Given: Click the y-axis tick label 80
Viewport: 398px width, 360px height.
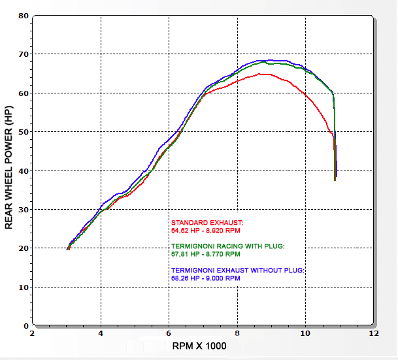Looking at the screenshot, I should pyautogui.click(x=24, y=15).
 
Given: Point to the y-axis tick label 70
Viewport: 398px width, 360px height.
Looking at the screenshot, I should pyautogui.click(x=24, y=54).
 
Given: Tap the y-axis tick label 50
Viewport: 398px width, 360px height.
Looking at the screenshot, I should pyautogui.click(x=24, y=131).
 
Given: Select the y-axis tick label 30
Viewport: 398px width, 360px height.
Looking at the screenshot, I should pyautogui.click(x=24, y=209).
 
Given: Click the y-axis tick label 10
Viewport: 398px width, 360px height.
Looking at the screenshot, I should pyautogui.click(x=24, y=287).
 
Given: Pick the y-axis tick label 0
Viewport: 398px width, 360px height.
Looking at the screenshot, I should pyautogui.click(x=25, y=325).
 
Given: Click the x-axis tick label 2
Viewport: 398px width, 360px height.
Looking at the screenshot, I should pyautogui.click(x=33, y=333).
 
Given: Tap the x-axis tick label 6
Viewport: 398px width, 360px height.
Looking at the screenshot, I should pyautogui.click(x=169, y=333).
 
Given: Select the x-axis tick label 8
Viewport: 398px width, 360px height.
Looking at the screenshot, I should pyautogui.click(x=237, y=333).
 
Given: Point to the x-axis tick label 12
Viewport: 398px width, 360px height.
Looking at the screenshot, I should pyautogui.click(x=373, y=333).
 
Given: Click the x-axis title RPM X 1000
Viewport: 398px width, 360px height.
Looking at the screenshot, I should pyautogui.click(x=199, y=346).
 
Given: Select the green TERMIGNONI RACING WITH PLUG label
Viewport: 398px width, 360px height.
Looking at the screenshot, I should pyautogui.click(x=227, y=246).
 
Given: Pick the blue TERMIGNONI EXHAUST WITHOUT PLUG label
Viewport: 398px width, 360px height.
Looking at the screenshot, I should pyautogui.click(x=238, y=270).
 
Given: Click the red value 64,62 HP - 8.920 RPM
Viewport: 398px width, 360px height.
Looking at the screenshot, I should pyautogui.click(x=205, y=231).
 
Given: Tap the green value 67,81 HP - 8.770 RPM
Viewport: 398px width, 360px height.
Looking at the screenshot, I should pyautogui.click(x=205, y=254).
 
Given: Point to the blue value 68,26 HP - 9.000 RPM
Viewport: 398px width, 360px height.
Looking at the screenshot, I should pyautogui.click(x=205, y=278).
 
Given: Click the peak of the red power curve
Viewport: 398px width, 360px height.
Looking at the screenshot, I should pyautogui.click(x=265, y=74).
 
